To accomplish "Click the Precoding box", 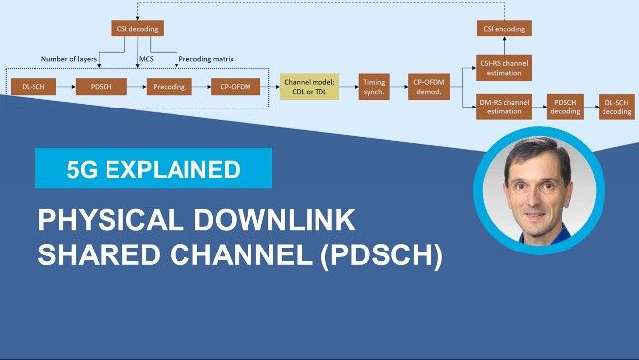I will click(165, 88).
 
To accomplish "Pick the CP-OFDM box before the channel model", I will click(228, 88).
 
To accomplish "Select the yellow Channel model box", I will click(309, 87).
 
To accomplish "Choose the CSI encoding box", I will click(504, 29).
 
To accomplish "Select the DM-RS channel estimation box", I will click(504, 108).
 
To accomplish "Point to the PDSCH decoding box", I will click(565, 108).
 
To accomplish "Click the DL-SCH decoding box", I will click(617, 108).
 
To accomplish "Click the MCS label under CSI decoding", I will click(146, 59).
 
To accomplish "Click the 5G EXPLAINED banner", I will click(153, 169).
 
